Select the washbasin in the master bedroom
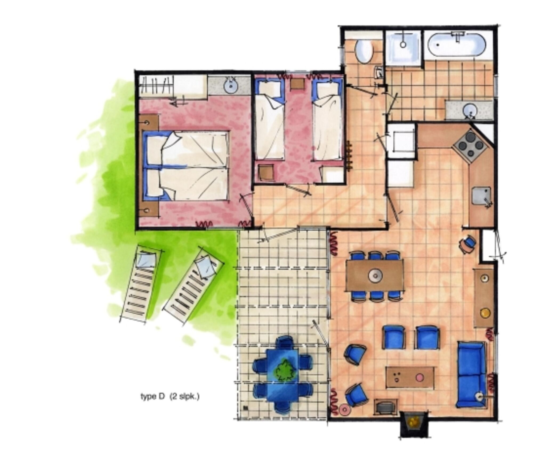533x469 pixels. pos(230,86)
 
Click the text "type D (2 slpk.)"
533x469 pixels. pos(170,396)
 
